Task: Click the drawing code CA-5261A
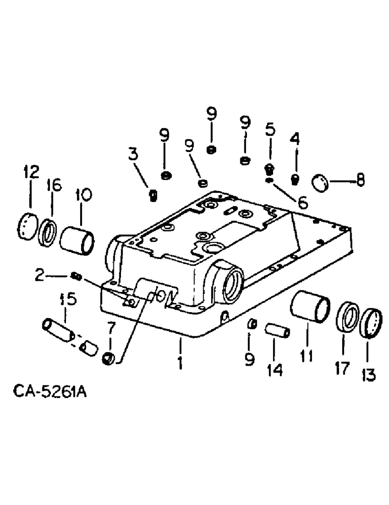tap(48, 391)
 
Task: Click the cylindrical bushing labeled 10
tap(77, 235)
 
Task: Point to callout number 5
tap(270, 130)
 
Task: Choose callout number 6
tap(302, 202)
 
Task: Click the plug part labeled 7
tap(108, 359)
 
